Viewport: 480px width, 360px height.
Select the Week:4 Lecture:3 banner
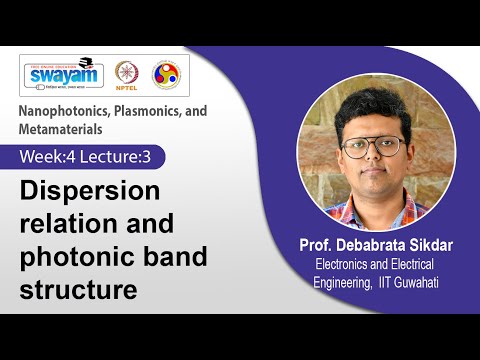[91, 157]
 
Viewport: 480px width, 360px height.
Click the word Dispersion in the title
[84, 191]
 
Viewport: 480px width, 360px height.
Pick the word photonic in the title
[69, 257]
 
